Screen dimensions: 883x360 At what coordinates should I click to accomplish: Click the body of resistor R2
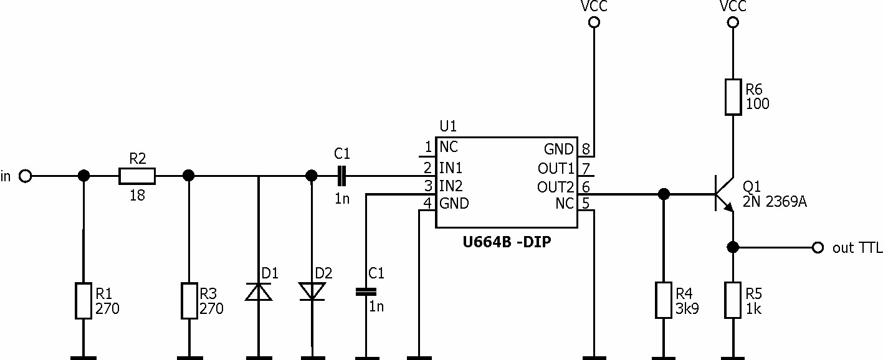tap(137, 176)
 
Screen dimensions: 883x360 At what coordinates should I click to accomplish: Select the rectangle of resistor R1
tap(84, 301)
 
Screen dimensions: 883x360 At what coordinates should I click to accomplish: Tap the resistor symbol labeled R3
tap(189, 301)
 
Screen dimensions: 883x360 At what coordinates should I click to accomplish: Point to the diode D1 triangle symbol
tap(259, 291)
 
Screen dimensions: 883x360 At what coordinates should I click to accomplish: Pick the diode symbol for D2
tap(312, 291)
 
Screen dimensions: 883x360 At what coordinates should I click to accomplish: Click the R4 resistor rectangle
tap(664, 300)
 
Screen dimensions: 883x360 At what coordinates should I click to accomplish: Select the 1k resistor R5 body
tap(733, 300)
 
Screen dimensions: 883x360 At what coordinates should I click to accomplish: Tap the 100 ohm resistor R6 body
tap(733, 97)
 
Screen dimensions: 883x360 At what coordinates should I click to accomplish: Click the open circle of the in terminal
tap(25, 176)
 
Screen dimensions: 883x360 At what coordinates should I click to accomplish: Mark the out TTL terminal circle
tap(818, 248)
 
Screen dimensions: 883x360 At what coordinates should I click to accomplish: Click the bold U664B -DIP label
tap(507, 242)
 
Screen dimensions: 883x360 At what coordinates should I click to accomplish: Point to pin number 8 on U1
tap(586, 149)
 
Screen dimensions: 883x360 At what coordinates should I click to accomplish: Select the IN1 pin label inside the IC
tap(451, 168)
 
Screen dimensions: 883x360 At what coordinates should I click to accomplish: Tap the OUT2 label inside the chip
tap(555, 187)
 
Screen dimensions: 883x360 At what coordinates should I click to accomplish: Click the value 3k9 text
tap(687, 309)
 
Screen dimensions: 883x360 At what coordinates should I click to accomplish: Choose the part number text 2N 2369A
tap(775, 202)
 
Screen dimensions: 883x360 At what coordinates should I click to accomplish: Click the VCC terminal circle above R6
tap(733, 22)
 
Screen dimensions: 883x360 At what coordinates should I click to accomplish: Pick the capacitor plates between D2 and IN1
tap(341, 176)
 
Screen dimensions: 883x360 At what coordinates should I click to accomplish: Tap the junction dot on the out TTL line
tap(733, 247)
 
